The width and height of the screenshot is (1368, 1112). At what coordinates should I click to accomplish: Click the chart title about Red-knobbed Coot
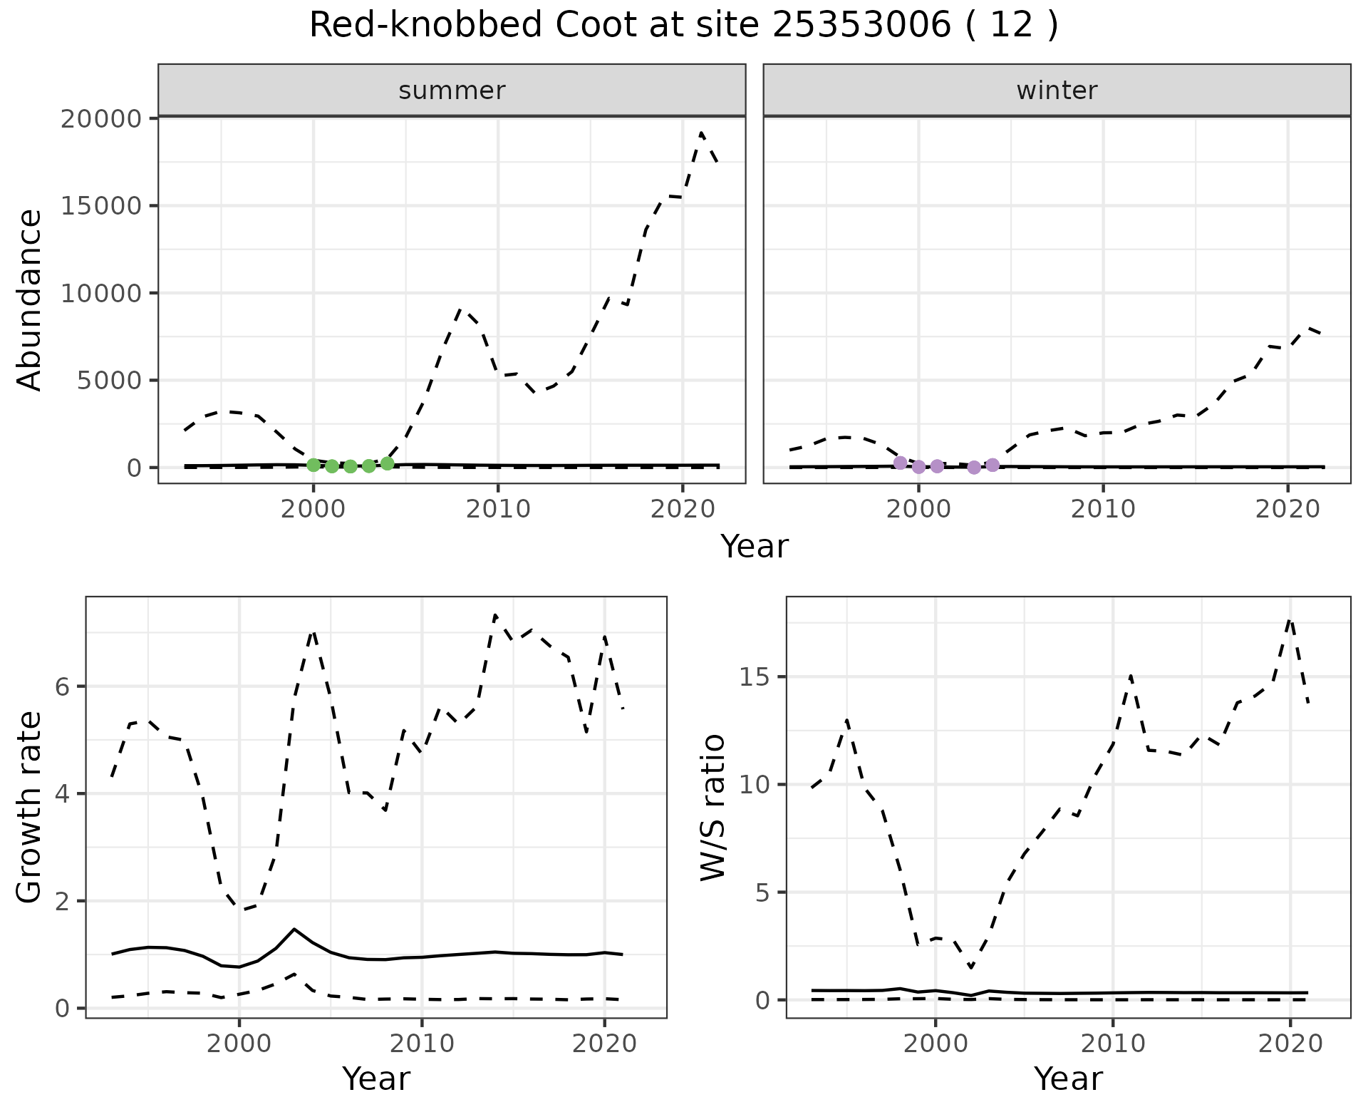(683, 26)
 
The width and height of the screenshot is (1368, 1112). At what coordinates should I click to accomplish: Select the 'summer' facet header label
(452, 91)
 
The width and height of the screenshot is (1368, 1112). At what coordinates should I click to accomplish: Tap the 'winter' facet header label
(1057, 91)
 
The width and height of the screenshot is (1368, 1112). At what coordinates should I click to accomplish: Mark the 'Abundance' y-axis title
(30, 299)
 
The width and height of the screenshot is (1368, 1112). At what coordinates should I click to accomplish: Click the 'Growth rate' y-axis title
(30, 807)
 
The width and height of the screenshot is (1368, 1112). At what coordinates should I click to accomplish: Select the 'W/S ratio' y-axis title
(712, 807)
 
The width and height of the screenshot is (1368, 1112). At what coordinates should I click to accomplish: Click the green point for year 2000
(313, 465)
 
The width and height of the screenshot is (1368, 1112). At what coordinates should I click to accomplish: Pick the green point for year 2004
(388, 463)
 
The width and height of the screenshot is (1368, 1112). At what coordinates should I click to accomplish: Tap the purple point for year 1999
(901, 463)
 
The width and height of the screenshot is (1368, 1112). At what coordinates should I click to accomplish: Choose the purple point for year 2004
(993, 465)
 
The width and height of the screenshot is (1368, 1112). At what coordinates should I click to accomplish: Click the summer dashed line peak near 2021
(702, 133)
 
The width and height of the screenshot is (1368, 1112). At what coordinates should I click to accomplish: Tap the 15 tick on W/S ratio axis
(755, 676)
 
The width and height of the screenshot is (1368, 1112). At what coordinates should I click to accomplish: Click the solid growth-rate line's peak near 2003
(294, 929)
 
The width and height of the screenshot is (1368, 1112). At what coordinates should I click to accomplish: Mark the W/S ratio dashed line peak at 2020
(1290, 620)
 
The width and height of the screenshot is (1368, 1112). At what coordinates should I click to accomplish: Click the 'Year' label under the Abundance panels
(755, 547)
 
